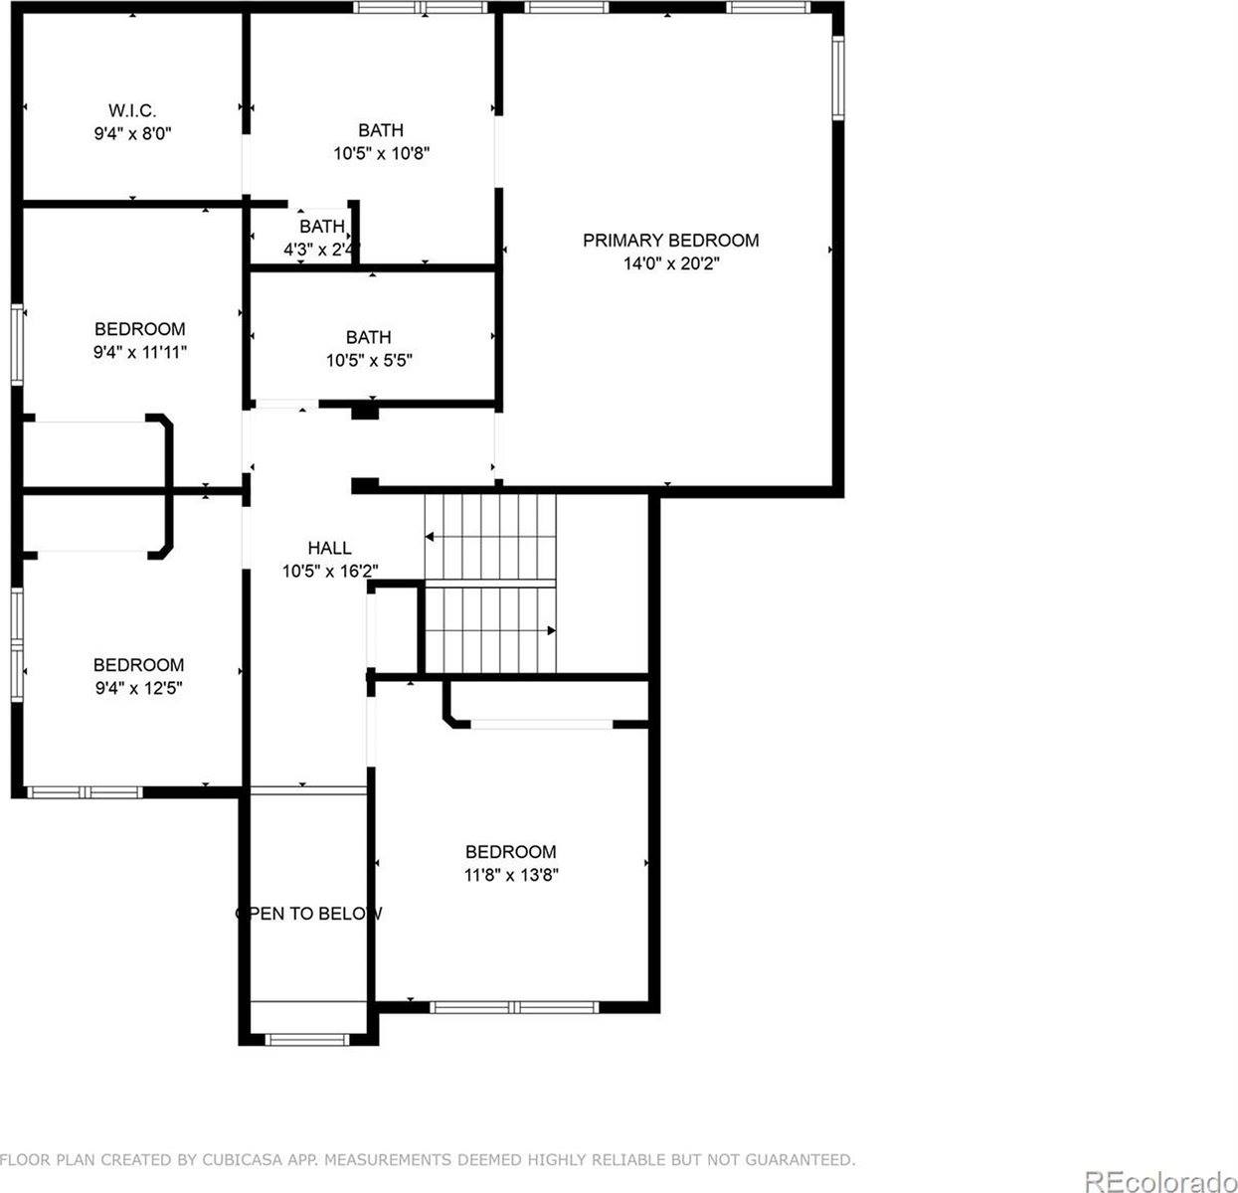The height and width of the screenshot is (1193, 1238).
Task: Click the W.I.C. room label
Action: pos(132,109)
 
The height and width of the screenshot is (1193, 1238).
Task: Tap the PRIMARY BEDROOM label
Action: pos(670,240)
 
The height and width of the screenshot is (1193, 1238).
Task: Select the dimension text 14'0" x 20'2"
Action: pos(670,263)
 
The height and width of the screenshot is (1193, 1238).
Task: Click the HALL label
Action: pos(329,548)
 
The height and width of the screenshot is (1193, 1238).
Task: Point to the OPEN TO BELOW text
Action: pos(308,914)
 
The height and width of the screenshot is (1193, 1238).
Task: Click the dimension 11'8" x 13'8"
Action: pos(511,876)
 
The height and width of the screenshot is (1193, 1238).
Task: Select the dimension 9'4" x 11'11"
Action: pos(139,353)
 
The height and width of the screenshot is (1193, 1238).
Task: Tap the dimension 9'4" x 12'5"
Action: pos(138,688)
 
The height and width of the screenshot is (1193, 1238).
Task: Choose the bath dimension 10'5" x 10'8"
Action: pos(381,154)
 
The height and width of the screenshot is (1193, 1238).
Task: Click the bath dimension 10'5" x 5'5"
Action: pos(369,361)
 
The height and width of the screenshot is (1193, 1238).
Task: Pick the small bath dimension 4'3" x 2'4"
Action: pos(321,250)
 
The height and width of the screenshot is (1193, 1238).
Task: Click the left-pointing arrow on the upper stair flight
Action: pos(430,537)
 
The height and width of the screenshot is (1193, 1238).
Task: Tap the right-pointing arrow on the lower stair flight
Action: pos(551,630)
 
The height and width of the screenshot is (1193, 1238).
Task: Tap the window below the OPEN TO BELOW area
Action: pos(307,1039)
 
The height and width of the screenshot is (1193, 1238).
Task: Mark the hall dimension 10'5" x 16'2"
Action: pos(329,572)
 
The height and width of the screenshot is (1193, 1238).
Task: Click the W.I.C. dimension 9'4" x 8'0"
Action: pos(132,133)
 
